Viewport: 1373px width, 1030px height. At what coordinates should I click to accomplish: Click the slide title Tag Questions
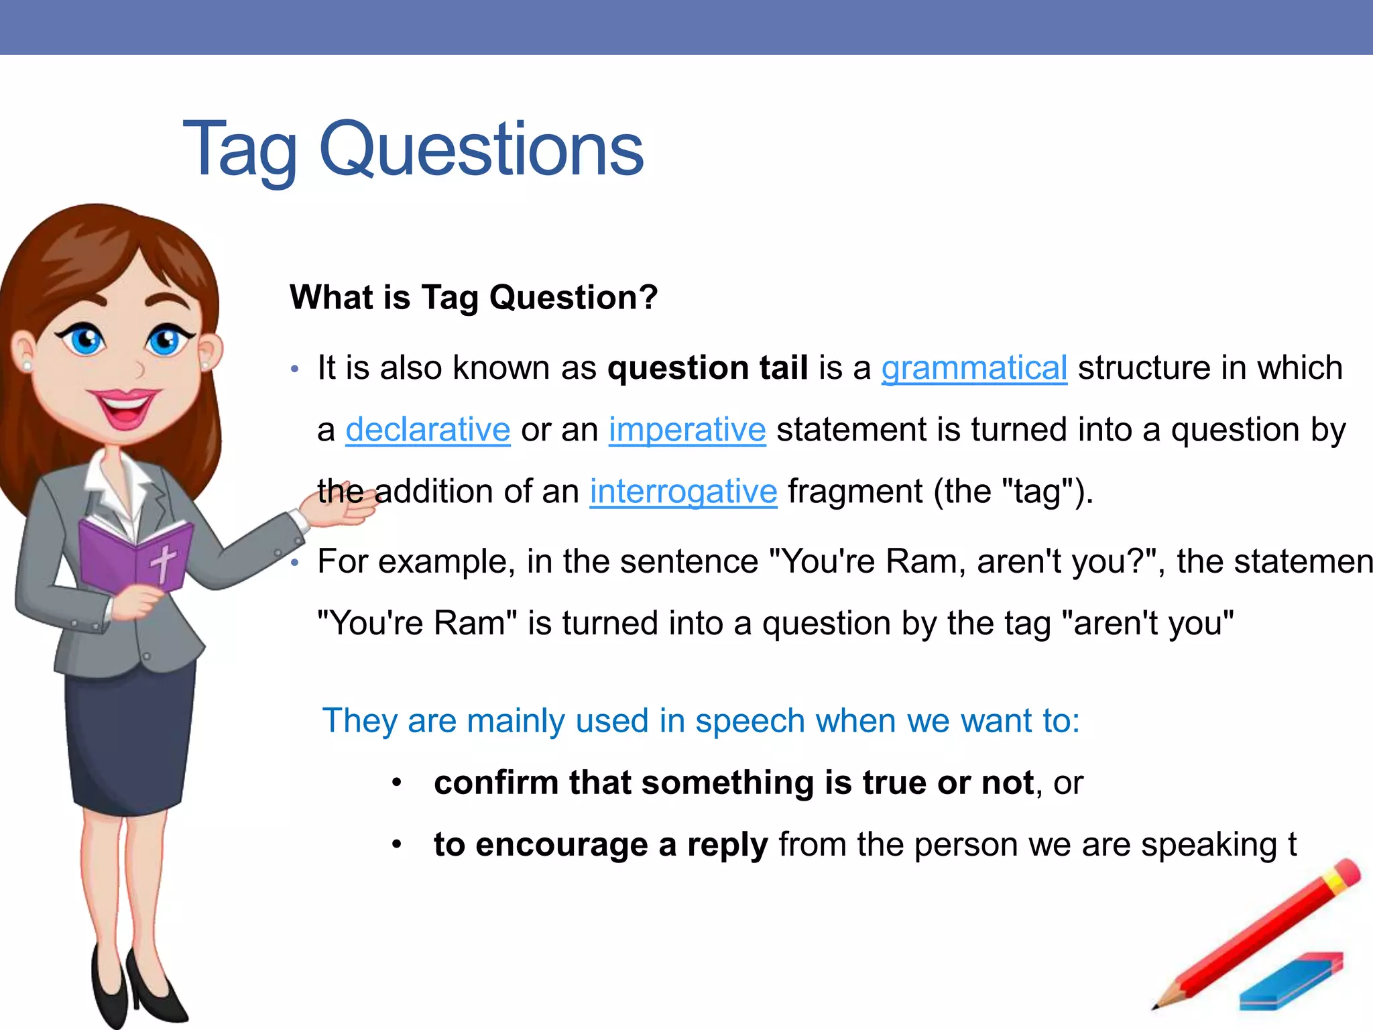coord(412,149)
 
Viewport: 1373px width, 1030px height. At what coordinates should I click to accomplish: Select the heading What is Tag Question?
coord(473,297)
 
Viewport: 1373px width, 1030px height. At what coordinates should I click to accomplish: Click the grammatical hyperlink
coord(973,368)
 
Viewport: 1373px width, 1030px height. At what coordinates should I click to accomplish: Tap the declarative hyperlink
coord(428,430)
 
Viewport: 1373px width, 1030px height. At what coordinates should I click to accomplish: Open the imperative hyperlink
coord(686,430)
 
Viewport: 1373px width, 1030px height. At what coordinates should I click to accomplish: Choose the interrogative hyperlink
coord(683,492)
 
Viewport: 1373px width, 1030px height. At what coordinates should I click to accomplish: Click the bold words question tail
coord(707,368)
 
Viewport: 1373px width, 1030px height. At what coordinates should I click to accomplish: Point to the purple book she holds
coord(134,555)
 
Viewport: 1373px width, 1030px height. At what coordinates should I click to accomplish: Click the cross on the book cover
coord(163,563)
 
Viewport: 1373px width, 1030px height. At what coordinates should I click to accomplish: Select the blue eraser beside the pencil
coord(1291,982)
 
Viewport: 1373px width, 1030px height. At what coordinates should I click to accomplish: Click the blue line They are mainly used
coord(701,721)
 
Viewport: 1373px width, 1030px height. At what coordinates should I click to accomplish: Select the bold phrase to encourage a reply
coord(600,844)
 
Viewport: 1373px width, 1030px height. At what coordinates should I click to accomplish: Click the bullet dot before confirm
coord(397,783)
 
